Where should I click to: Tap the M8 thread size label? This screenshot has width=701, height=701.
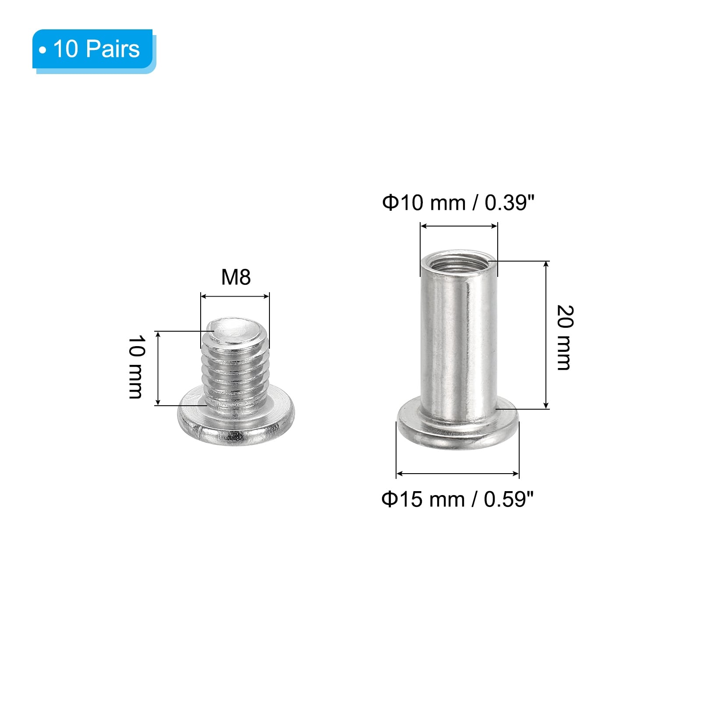(236, 277)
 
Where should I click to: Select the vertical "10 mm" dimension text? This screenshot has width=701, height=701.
(136, 367)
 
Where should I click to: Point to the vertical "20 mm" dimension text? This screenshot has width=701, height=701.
(564, 337)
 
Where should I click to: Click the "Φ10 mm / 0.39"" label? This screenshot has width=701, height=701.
(458, 203)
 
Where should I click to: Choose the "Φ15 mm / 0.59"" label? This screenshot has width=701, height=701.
(458, 499)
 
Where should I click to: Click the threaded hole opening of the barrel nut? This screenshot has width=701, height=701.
(459, 262)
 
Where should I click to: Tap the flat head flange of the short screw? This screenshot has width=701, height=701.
(236, 422)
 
